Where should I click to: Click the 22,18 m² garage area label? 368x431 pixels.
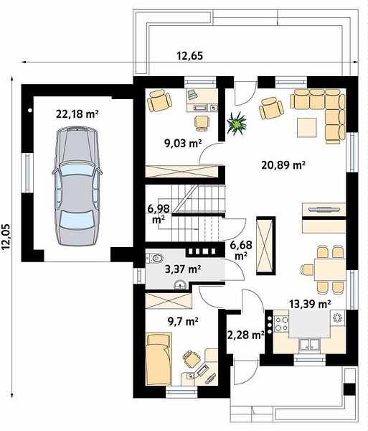coord(77,113)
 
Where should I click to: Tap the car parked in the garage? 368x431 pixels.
coord(77,186)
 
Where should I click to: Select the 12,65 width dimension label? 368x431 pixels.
coord(190,56)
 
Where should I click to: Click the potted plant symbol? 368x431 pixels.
coord(236,124)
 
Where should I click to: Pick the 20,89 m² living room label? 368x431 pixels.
coord(283,165)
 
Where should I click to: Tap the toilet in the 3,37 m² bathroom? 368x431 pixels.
coord(154,258)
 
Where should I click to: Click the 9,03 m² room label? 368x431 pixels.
coord(183,143)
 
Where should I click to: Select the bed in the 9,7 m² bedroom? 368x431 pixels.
coord(159,359)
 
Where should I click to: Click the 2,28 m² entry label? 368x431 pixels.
coord(245,335)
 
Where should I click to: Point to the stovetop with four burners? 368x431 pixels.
coord(282,323)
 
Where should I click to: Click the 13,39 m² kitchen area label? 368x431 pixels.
coord(310,304)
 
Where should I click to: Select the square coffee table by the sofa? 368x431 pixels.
coord(307,128)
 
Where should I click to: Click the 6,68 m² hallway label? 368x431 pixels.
coord(241,249)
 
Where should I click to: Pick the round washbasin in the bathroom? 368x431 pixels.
coord(180,284)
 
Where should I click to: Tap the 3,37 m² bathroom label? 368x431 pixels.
coord(183,269)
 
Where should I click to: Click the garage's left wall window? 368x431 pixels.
coord(27,172)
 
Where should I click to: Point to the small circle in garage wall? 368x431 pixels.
coord(30,110)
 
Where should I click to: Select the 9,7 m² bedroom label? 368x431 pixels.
coord(184,321)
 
